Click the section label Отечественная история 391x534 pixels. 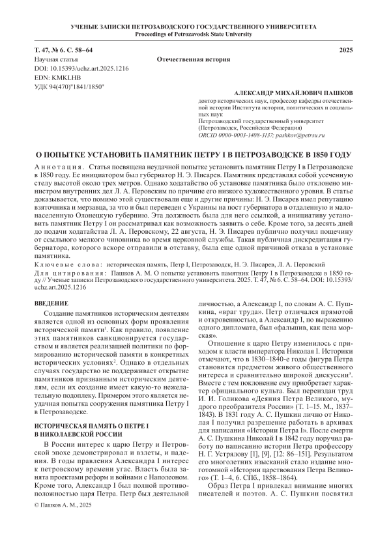194,59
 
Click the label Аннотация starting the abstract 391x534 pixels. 56,169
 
